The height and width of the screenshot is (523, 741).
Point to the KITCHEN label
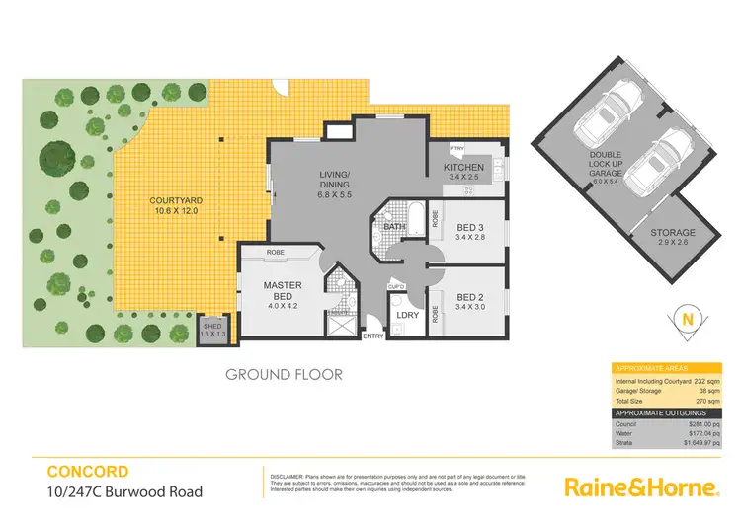463,168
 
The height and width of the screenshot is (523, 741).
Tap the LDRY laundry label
407,314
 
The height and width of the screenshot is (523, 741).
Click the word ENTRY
373,336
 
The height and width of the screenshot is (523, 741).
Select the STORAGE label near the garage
673,234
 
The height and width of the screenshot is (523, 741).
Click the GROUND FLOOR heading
284,374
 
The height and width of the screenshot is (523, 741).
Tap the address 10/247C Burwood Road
123,491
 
